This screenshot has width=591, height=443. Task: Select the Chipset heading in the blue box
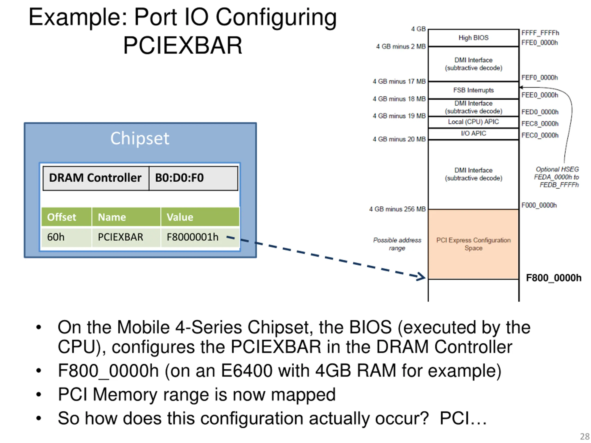click(140, 138)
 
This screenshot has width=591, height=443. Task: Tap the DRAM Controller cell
click(96, 178)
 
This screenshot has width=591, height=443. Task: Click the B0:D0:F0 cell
click(193, 178)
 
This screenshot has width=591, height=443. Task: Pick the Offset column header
click(66, 217)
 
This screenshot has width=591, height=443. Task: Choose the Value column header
click(200, 217)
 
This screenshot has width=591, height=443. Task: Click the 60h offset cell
click(66, 237)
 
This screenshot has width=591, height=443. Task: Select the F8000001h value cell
click(200, 237)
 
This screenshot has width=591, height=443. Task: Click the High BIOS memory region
click(473, 38)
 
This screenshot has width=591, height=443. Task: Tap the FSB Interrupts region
click(473, 90)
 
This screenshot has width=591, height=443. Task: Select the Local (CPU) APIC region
click(473, 122)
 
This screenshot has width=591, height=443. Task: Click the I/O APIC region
click(473, 134)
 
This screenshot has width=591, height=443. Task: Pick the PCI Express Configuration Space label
click(473, 244)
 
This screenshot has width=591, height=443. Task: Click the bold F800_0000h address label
click(554, 278)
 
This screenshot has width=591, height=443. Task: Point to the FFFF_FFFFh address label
click(540, 33)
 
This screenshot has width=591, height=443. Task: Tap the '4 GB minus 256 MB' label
click(397, 209)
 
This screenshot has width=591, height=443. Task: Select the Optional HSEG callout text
click(557, 177)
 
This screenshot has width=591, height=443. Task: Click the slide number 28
click(585, 437)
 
